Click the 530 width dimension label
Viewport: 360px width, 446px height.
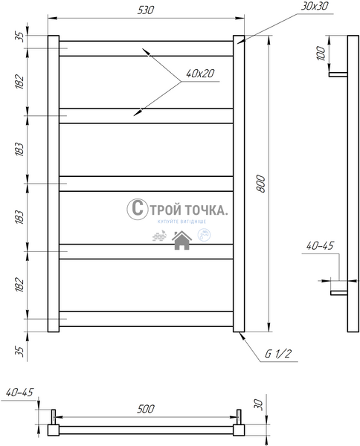pyautogui.click(x=146, y=10)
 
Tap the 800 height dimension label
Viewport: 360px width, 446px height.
pyautogui.click(x=261, y=184)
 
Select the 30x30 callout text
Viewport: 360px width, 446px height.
pyautogui.click(x=314, y=6)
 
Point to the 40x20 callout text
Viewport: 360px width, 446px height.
pyautogui.click(x=200, y=74)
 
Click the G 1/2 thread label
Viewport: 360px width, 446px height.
pyautogui.click(x=278, y=354)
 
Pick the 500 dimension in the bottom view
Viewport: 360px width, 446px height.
pyautogui.click(x=146, y=409)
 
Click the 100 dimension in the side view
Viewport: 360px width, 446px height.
pyautogui.click(x=321, y=54)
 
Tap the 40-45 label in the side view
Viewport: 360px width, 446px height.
pyautogui.click(x=320, y=246)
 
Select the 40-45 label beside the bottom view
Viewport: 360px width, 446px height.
pyautogui.click(x=19, y=392)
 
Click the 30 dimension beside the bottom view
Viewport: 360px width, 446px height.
pyautogui.click(x=258, y=404)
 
